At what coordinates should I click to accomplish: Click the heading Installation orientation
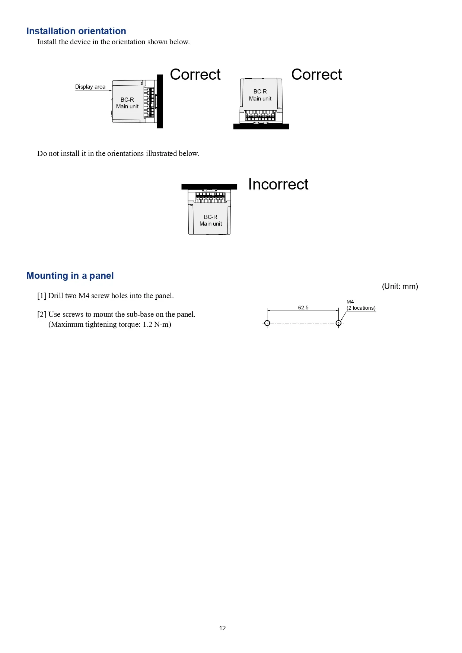click(x=76, y=31)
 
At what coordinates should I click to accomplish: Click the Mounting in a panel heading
click(x=70, y=276)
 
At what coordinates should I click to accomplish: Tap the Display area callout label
click(x=90, y=87)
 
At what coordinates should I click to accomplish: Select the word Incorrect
click(x=278, y=184)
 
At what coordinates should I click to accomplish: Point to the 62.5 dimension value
click(x=303, y=308)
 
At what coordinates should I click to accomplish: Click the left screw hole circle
click(x=267, y=323)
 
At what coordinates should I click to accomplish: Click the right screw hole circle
click(x=338, y=323)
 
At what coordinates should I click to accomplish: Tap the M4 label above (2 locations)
click(x=350, y=302)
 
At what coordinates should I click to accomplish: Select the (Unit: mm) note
click(x=400, y=286)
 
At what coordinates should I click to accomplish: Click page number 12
click(x=222, y=628)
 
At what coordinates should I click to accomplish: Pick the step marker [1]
click(x=42, y=296)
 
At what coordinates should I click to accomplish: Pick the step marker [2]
click(x=42, y=315)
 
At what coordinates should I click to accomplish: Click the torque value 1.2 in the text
click(x=147, y=324)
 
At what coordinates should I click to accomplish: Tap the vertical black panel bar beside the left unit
click(x=160, y=101)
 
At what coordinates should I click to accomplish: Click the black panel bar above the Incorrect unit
click(x=209, y=187)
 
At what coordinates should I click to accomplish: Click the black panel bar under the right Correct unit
click(x=261, y=127)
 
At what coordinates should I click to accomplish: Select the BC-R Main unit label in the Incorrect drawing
click(x=211, y=220)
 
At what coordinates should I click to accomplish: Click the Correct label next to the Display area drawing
click(x=195, y=74)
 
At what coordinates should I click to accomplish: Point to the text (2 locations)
click(x=361, y=308)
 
